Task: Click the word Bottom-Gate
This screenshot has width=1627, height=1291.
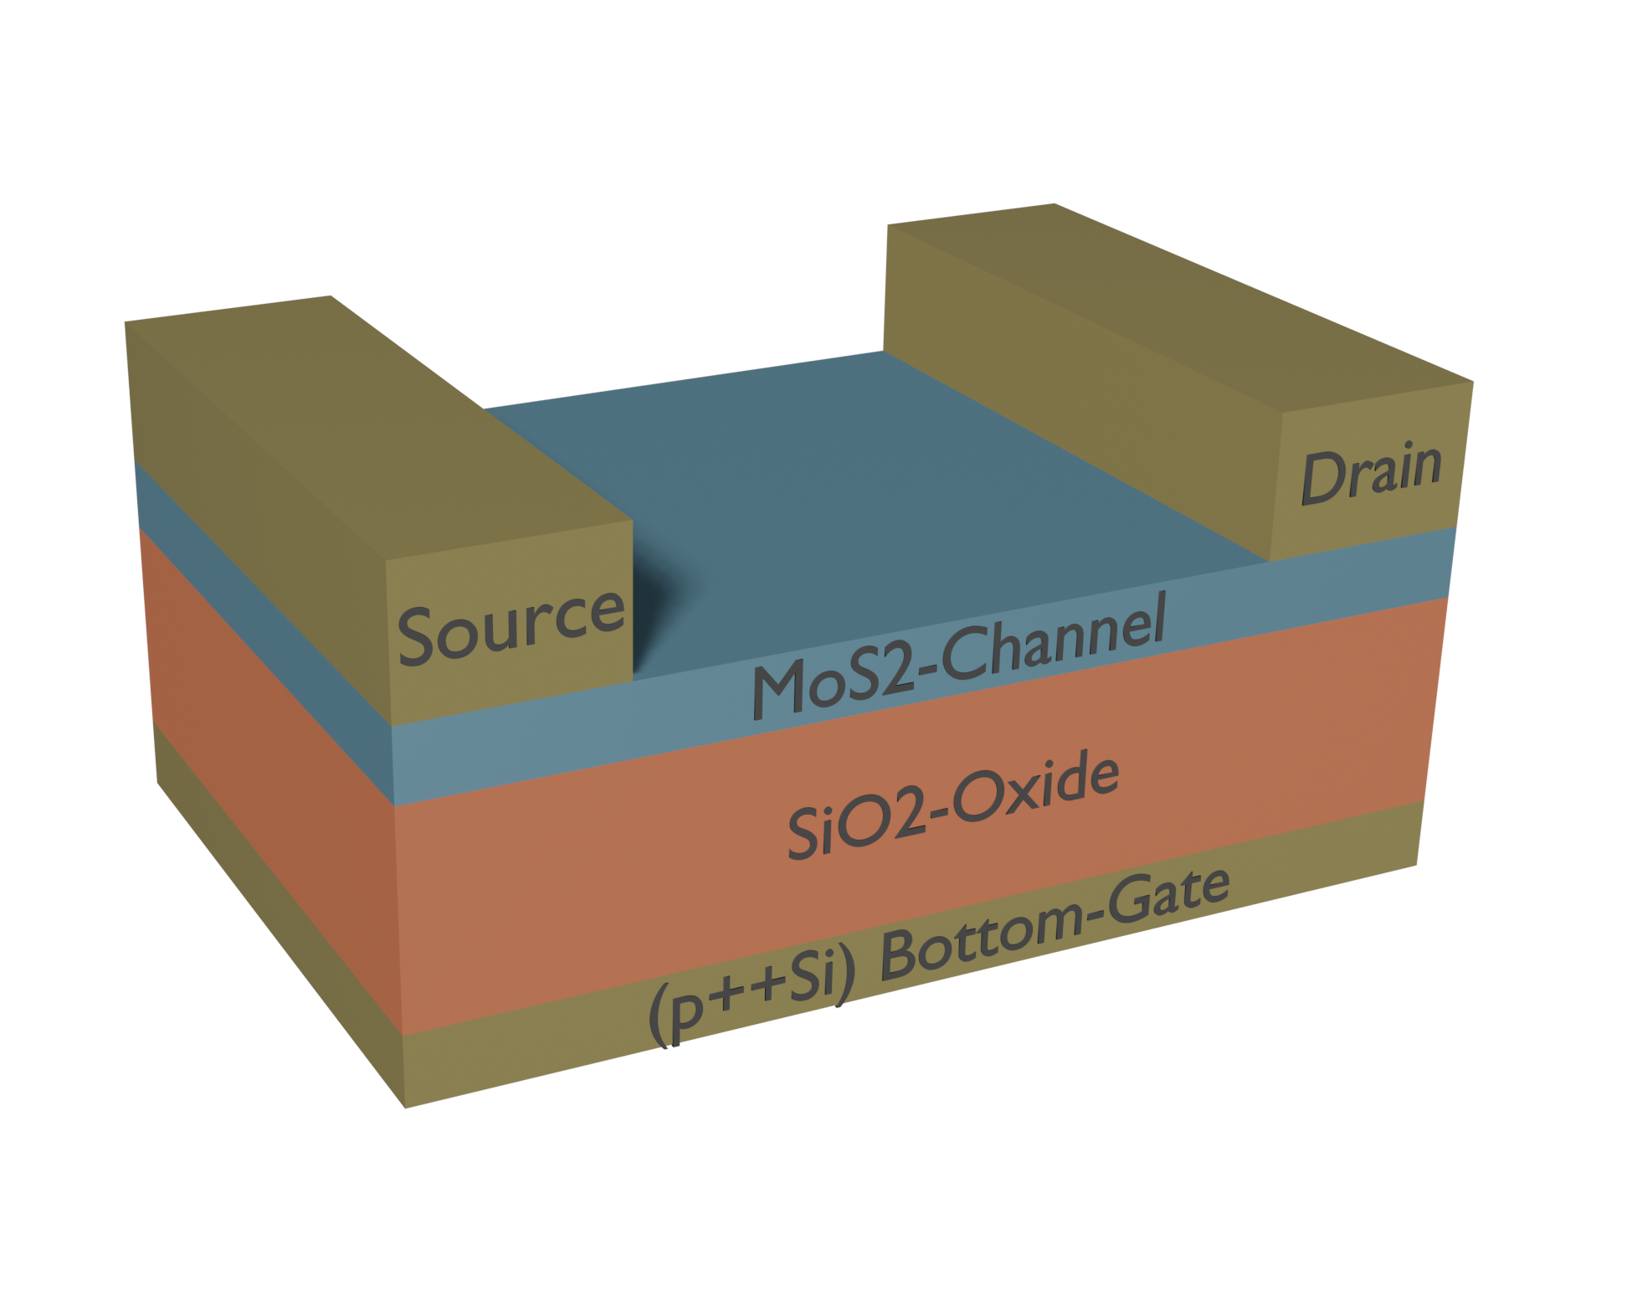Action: pos(1055,926)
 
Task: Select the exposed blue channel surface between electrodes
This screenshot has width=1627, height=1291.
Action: pos(879,502)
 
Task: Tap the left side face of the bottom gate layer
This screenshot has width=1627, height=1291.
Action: pos(276,913)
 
